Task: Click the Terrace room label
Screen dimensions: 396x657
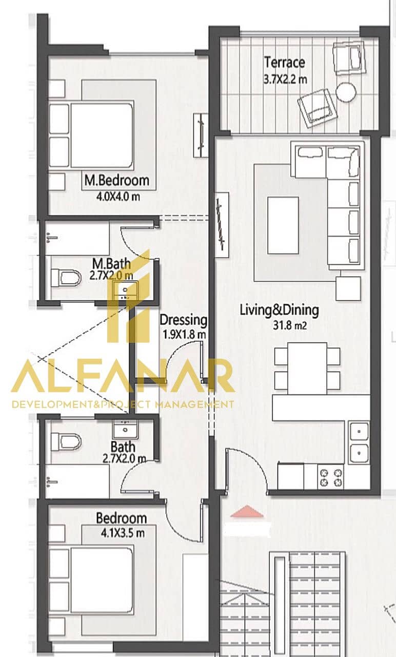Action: (x=284, y=63)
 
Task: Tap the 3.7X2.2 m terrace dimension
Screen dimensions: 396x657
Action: (x=285, y=79)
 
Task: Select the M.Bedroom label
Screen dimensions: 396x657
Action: (x=116, y=180)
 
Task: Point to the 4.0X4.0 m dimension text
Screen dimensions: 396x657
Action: (x=118, y=196)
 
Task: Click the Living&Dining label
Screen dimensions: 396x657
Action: (x=280, y=311)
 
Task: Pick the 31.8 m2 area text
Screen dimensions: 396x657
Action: (x=290, y=325)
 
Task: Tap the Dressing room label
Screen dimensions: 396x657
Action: (x=183, y=320)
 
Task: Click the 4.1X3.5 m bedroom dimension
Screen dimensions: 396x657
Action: (x=123, y=533)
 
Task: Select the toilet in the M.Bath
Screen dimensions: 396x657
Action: (x=66, y=278)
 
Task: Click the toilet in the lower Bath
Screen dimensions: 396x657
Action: (x=66, y=442)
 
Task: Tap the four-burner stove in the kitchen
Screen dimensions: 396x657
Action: (x=331, y=477)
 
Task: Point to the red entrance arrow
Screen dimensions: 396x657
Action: (x=247, y=511)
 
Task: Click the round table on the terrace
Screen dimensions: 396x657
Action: (x=346, y=92)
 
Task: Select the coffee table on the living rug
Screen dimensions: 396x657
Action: (x=283, y=225)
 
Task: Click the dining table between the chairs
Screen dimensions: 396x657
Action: (x=307, y=369)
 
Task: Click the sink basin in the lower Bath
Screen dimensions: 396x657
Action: (x=125, y=430)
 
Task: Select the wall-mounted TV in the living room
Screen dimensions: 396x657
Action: (x=222, y=225)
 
